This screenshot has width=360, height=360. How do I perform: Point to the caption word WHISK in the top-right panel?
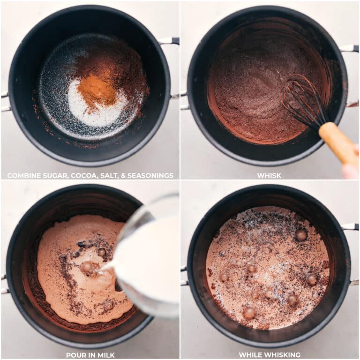click(269, 176)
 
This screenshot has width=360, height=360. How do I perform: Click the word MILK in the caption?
click(105, 355)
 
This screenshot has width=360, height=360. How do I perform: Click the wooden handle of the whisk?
click(338, 142)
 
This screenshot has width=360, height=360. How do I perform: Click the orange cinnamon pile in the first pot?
click(97, 90)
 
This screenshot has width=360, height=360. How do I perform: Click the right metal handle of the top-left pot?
click(170, 41)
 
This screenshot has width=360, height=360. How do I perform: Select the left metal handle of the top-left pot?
click(5, 101)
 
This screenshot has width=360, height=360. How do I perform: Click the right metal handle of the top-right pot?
click(350, 48)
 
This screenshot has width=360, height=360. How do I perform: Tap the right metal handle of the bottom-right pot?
click(350, 227)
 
